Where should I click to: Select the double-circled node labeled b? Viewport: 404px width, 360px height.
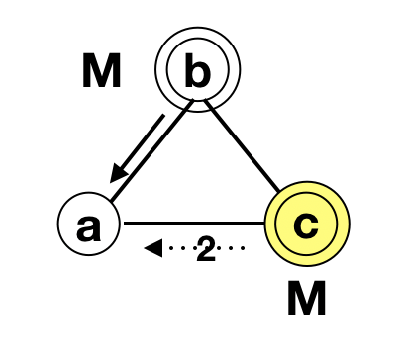pos(198,71)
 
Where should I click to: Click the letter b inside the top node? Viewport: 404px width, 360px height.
pos(198,71)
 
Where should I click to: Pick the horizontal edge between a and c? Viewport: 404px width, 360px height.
pos(193,224)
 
